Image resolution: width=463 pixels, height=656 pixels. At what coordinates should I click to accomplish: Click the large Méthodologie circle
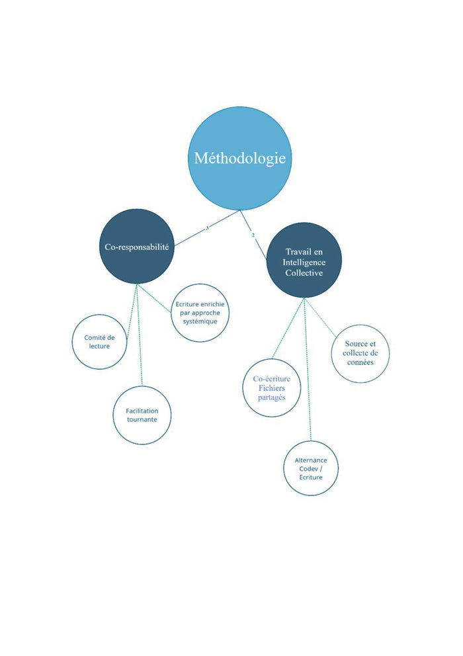(x=239, y=159)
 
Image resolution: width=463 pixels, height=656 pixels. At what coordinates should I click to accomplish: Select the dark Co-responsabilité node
(x=137, y=246)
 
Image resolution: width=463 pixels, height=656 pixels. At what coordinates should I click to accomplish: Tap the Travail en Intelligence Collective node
(x=304, y=260)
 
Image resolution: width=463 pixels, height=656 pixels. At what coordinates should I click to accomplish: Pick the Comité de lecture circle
(x=99, y=342)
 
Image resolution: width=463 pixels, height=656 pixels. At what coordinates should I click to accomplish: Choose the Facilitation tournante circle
(x=142, y=415)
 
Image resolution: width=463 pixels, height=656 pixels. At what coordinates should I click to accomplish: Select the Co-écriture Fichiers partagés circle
(x=272, y=388)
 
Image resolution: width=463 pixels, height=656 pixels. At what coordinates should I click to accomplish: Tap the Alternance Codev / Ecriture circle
(x=310, y=468)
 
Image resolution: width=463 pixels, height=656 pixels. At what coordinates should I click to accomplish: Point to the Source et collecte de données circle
(x=360, y=353)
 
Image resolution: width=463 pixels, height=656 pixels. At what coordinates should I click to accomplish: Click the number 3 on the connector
(x=207, y=227)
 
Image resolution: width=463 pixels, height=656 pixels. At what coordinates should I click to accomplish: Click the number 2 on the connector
(x=253, y=235)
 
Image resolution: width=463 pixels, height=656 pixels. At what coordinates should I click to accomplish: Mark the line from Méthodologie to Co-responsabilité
(x=192, y=232)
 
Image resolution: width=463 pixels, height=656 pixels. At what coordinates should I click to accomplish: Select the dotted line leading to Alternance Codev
(x=308, y=370)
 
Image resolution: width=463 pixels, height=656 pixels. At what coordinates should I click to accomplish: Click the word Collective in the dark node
(x=304, y=272)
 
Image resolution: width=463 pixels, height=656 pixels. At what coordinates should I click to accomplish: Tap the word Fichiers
(x=272, y=388)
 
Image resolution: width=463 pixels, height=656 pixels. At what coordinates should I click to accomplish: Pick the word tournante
(x=142, y=420)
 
